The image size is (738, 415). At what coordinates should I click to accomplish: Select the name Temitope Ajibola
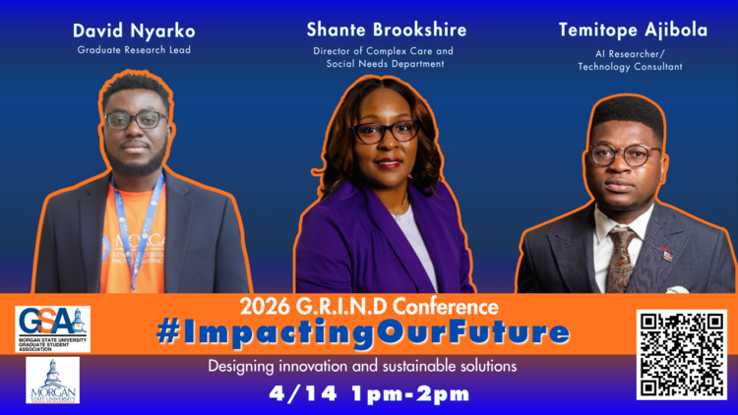click(633, 30)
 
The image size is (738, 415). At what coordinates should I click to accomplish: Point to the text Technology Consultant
click(632, 67)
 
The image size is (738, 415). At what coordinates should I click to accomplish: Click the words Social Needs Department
click(386, 64)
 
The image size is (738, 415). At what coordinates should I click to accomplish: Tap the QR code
click(681, 354)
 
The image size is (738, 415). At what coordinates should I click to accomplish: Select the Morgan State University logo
click(52, 380)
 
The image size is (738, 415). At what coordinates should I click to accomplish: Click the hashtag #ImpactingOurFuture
click(362, 332)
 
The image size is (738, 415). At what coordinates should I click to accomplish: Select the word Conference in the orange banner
click(442, 306)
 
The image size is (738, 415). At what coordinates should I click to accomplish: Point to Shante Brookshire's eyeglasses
click(385, 130)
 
